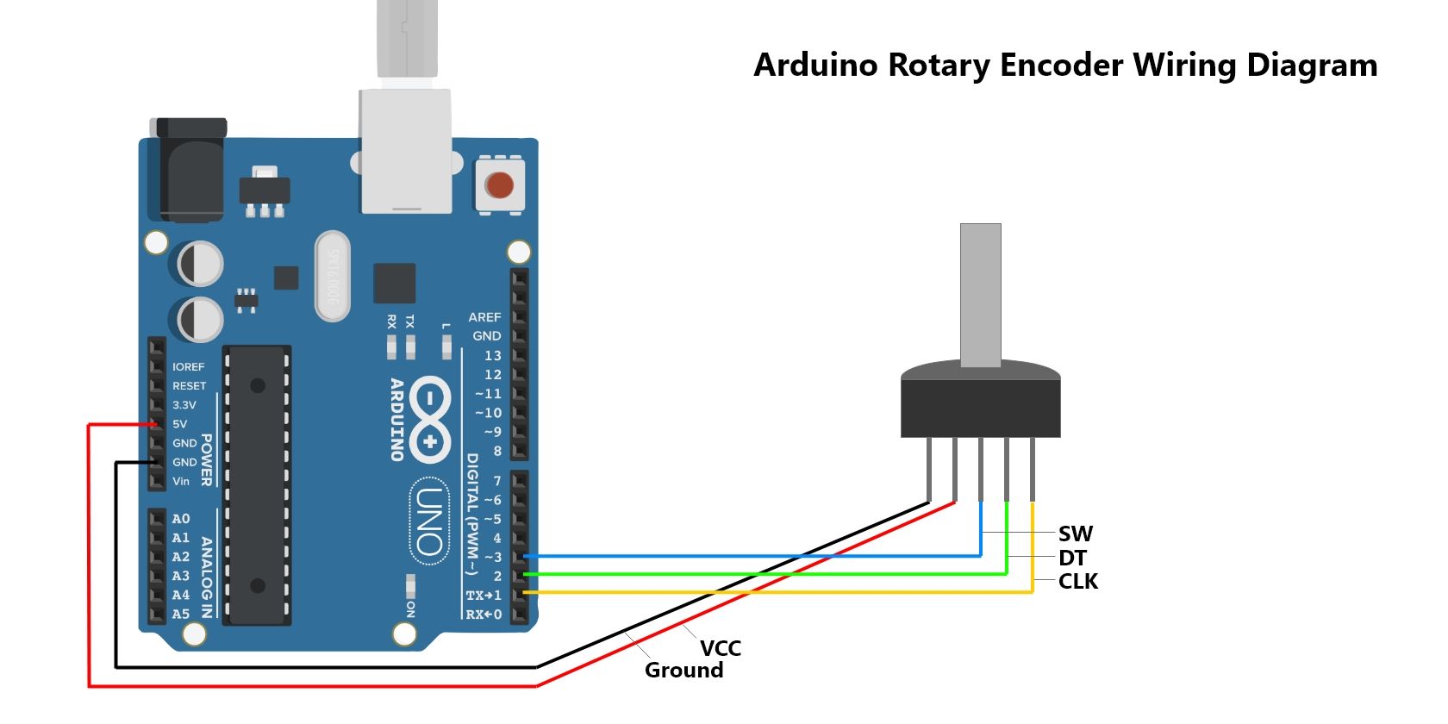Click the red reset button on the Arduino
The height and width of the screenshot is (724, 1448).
(499, 184)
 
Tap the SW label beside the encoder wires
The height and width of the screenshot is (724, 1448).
(1076, 534)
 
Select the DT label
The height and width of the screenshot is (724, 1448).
(1072, 558)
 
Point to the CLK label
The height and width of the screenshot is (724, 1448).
(1078, 582)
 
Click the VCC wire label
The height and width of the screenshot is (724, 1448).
(721, 648)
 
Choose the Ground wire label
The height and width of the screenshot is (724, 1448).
(683, 671)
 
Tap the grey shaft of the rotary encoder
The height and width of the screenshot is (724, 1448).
(980, 293)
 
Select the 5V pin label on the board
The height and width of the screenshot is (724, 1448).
(179, 424)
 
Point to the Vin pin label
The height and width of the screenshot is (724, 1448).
(181, 481)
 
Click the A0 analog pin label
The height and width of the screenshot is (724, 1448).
(180, 519)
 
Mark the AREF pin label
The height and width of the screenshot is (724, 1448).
(484, 317)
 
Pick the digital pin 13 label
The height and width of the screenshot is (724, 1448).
(492, 355)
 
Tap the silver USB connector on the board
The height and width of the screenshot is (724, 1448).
(406, 151)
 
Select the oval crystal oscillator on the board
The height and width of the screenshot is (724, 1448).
(333, 276)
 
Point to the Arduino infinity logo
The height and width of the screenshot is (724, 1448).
(428, 420)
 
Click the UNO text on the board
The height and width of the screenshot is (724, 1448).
(428, 521)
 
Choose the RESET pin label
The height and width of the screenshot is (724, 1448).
(189, 386)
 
